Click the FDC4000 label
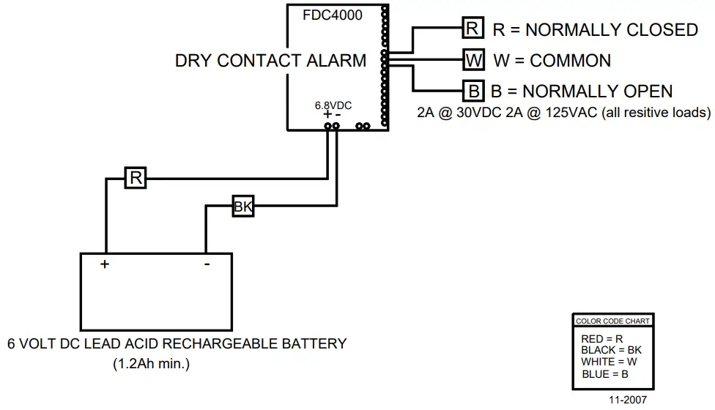pos(333,15)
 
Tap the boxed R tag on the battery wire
pos(136,178)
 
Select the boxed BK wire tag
pos(243,206)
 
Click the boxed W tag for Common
pos(474,60)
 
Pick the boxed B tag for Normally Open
pos(474,91)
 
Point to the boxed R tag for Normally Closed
pos(473,29)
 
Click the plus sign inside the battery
pos(105,264)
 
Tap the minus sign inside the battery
pos(207,264)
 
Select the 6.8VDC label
pos(333,105)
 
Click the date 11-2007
pos(628,400)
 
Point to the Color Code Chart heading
pos(613,321)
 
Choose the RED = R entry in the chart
pos(602,339)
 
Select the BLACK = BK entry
pos(612,350)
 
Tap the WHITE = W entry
pos(610,362)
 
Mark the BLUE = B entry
pos(605,374)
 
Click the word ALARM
pos(336,61)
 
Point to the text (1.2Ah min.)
pos(152,364)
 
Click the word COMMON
pos(571,61)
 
